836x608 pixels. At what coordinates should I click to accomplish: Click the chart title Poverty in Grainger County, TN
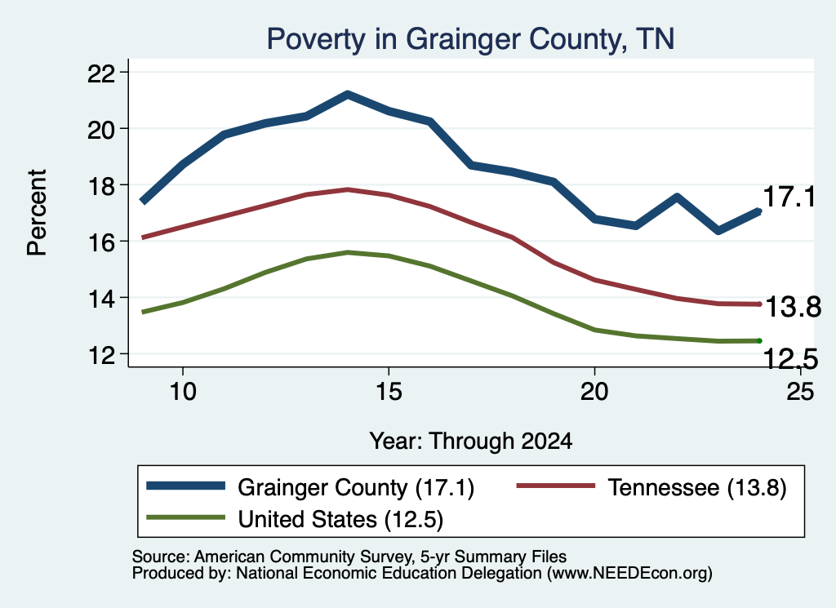pos(470,39)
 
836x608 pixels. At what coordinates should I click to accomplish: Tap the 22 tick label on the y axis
pos(100,73)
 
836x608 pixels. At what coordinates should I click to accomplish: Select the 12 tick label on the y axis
pos(100,354)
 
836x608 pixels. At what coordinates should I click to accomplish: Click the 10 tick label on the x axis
pos(183,392)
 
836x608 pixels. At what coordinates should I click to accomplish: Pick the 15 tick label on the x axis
pos(389,392)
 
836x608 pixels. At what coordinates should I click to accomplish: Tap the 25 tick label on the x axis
pos(800,392)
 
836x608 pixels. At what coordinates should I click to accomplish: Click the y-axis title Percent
pos(37,213)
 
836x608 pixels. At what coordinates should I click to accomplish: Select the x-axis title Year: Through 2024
pos(471,442)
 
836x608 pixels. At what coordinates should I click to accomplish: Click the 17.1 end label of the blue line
pos(789,197)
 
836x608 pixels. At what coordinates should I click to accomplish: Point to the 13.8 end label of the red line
pos(793,308)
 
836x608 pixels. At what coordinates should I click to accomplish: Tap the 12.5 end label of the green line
pos(790,358)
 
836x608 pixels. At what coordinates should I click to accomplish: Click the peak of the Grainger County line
pos(348,95)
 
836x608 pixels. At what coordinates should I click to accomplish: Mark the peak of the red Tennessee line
pos(348,189)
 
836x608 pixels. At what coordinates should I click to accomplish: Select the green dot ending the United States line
pos(759,340)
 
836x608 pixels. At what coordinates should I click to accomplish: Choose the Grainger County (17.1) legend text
pos(356,487)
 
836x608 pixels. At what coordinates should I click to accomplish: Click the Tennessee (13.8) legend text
pos(697,487)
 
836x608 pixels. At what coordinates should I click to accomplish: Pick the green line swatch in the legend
pos(186,517)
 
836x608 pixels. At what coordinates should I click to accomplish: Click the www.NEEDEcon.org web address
pos(629,574)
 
